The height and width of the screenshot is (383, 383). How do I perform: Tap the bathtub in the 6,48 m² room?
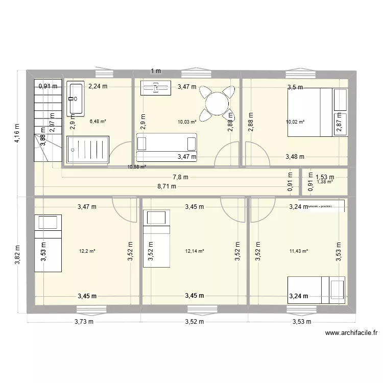coord(76,99)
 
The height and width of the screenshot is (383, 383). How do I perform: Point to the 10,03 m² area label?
coord(187,122)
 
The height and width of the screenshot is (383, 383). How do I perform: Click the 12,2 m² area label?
coord(87,251)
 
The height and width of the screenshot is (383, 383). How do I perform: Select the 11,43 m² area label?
coord(298,251)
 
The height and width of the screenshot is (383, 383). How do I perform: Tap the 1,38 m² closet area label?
coord(325,181)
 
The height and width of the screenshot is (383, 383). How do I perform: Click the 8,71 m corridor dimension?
coord(166,186)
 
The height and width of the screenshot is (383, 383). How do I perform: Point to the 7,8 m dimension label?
coord(180,177)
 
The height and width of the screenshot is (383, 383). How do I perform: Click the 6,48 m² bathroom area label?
coord(98,122)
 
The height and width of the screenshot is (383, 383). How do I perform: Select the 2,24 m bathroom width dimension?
coord(98,86)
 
